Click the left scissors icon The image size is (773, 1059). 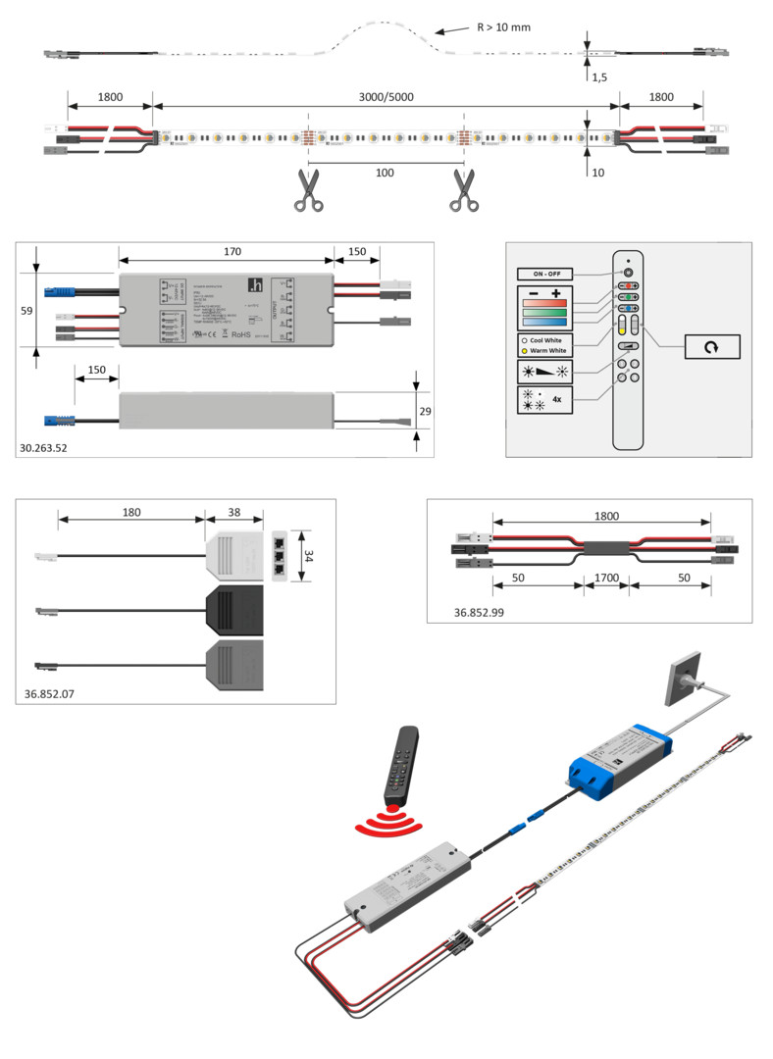[x=307, y=190]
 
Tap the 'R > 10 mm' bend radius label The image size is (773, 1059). [x=503, y=27]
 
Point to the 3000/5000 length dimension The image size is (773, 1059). [x=386, y=97]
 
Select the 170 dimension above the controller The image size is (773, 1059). [x=232, y=252]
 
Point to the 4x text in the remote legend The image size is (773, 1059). [x=557, y=399]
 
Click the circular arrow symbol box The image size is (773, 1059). [x=698, y=346]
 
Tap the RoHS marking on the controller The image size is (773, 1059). [x=242, y=332]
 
